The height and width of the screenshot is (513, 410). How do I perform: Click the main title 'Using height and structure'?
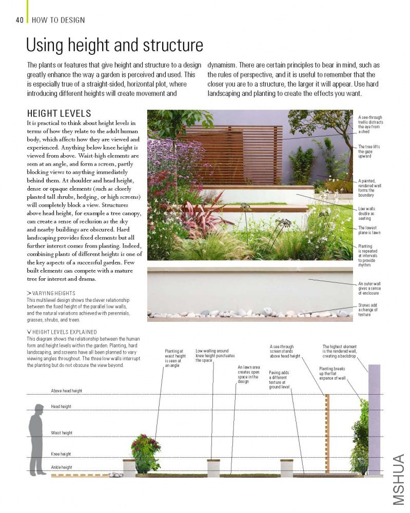click(x=114, y=45)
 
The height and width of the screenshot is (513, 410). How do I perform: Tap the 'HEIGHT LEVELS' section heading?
click(x=59, y=113)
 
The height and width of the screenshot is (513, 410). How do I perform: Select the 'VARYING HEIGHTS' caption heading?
click(x=54, y=293)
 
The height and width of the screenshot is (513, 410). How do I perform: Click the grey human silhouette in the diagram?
click(x=37, y=439)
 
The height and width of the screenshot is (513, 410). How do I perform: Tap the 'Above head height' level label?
click(x=67, y=391)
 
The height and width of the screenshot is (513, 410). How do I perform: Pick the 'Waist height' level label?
click(x=61, y=433)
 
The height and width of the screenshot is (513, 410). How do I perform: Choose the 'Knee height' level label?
click(x=61, y=454)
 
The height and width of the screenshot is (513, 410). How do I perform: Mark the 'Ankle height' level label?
click(x=61, y=467)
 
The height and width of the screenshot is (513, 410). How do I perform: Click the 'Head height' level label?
click(x=61, y=406)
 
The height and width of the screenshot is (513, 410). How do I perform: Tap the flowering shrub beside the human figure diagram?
click(x=146, y=452)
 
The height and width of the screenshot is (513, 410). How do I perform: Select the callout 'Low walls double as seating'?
click(x=367, y=213)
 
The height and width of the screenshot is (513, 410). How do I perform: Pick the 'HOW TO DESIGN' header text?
click(x=58, y=20)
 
